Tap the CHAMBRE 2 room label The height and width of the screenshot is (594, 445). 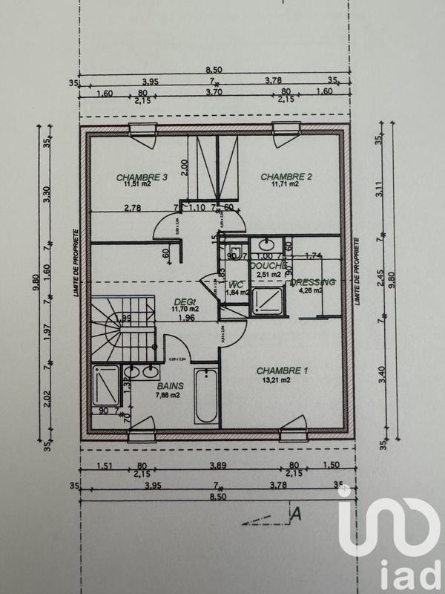(285, 177)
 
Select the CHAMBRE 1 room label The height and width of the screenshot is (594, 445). (282, 370)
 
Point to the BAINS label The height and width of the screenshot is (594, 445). (170, 386)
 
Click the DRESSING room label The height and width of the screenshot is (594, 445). (312, 282)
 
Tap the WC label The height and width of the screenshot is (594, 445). (237, 284)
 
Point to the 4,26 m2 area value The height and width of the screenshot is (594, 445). (309, 290)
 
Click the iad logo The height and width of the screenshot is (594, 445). (385, 538)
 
